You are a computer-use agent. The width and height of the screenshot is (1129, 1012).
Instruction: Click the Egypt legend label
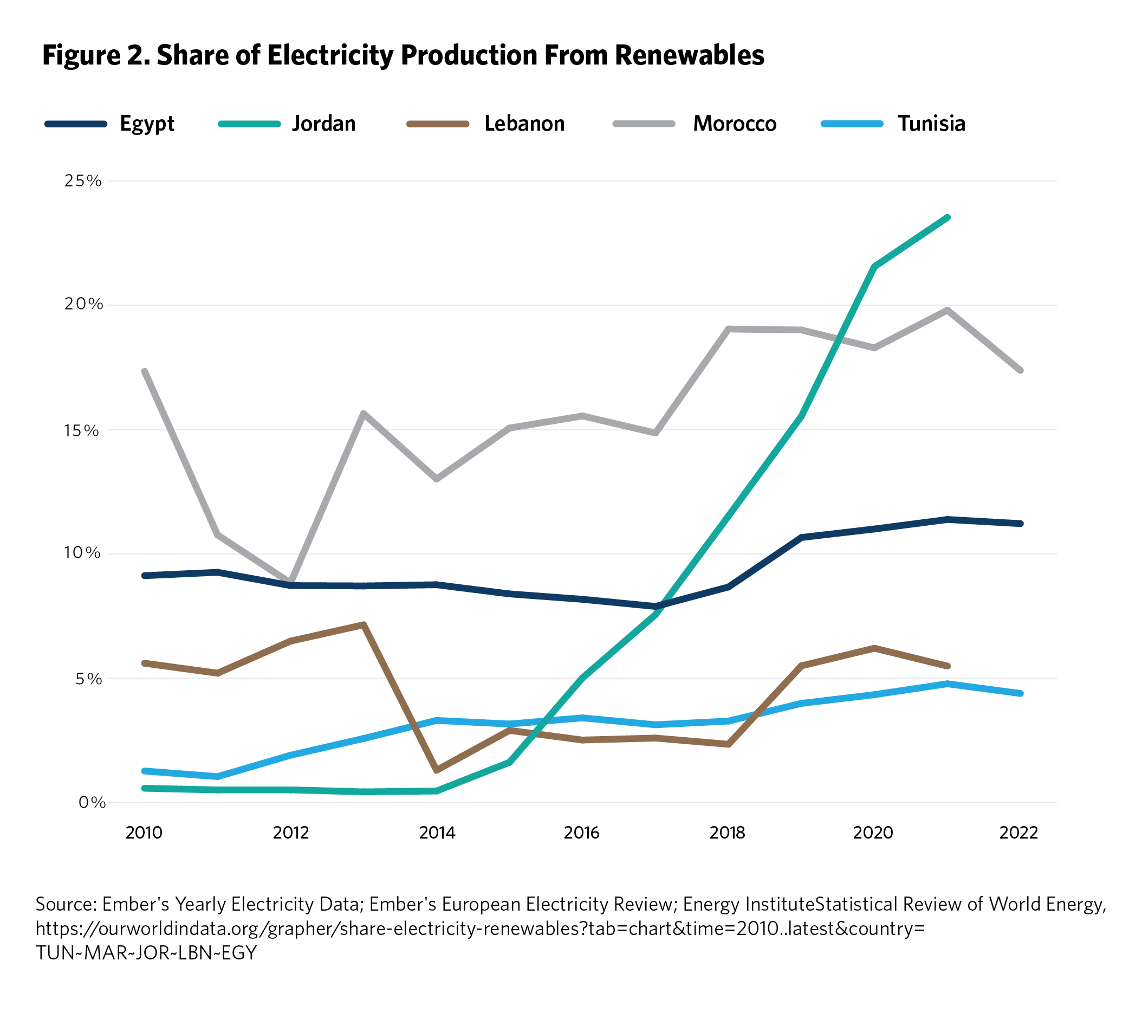(x=147, y=124)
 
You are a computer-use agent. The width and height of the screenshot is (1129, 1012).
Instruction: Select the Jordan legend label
(x=324, y=124)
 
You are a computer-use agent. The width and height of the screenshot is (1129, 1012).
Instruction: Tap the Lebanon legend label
(x=524, y=124)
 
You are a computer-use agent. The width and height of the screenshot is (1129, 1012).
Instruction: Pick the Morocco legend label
(x=735, y=124)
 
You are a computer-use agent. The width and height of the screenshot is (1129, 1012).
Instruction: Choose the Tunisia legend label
(x=931, y=124)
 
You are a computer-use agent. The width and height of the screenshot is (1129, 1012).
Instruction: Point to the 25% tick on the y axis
(x=83, y=181)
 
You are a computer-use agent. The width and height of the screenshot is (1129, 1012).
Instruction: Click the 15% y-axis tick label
(x=83, y=430)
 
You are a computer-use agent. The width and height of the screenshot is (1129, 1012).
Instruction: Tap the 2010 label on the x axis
(x=144, y=833)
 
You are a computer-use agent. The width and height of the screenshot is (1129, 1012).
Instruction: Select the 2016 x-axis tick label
(x=582, y=833)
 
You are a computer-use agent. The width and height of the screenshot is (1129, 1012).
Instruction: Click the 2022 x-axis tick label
(x=1019, y=833)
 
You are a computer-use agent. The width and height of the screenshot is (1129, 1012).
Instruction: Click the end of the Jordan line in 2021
(x=948, y=217)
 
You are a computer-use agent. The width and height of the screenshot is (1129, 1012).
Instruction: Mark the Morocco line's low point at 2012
(x=290, y=582)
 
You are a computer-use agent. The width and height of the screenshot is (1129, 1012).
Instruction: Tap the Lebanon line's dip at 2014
(x=437, y=770)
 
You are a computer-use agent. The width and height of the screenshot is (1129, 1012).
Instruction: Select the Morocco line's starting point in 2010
(x=145, y=371)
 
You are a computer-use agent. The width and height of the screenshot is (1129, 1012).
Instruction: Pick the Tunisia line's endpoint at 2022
(x=1020, y=693)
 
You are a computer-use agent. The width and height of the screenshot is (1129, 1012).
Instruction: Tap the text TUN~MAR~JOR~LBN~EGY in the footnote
(x=146, y=952)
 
